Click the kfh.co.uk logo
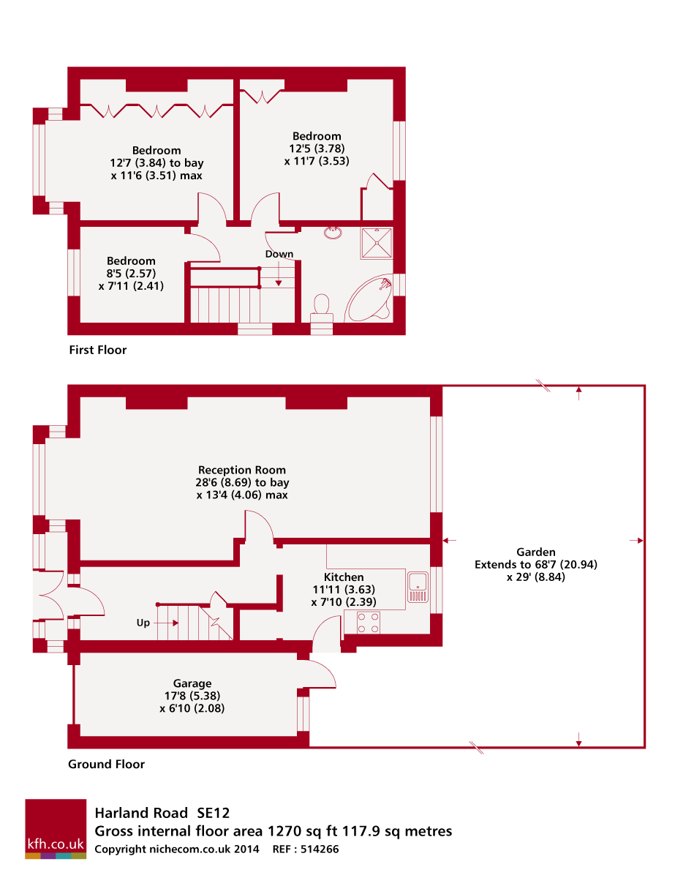(56, 828)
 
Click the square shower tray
(376, 243)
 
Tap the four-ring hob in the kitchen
(369, 622)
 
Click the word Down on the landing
(279, 255)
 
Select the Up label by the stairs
(144, 623)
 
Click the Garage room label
(192, 683)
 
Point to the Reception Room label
(242, 470)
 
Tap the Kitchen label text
(344, 577)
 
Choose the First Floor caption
(97, 350)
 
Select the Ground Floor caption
(106, 764)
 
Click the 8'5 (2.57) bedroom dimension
(131, 274)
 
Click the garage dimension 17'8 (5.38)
(192, 696)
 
